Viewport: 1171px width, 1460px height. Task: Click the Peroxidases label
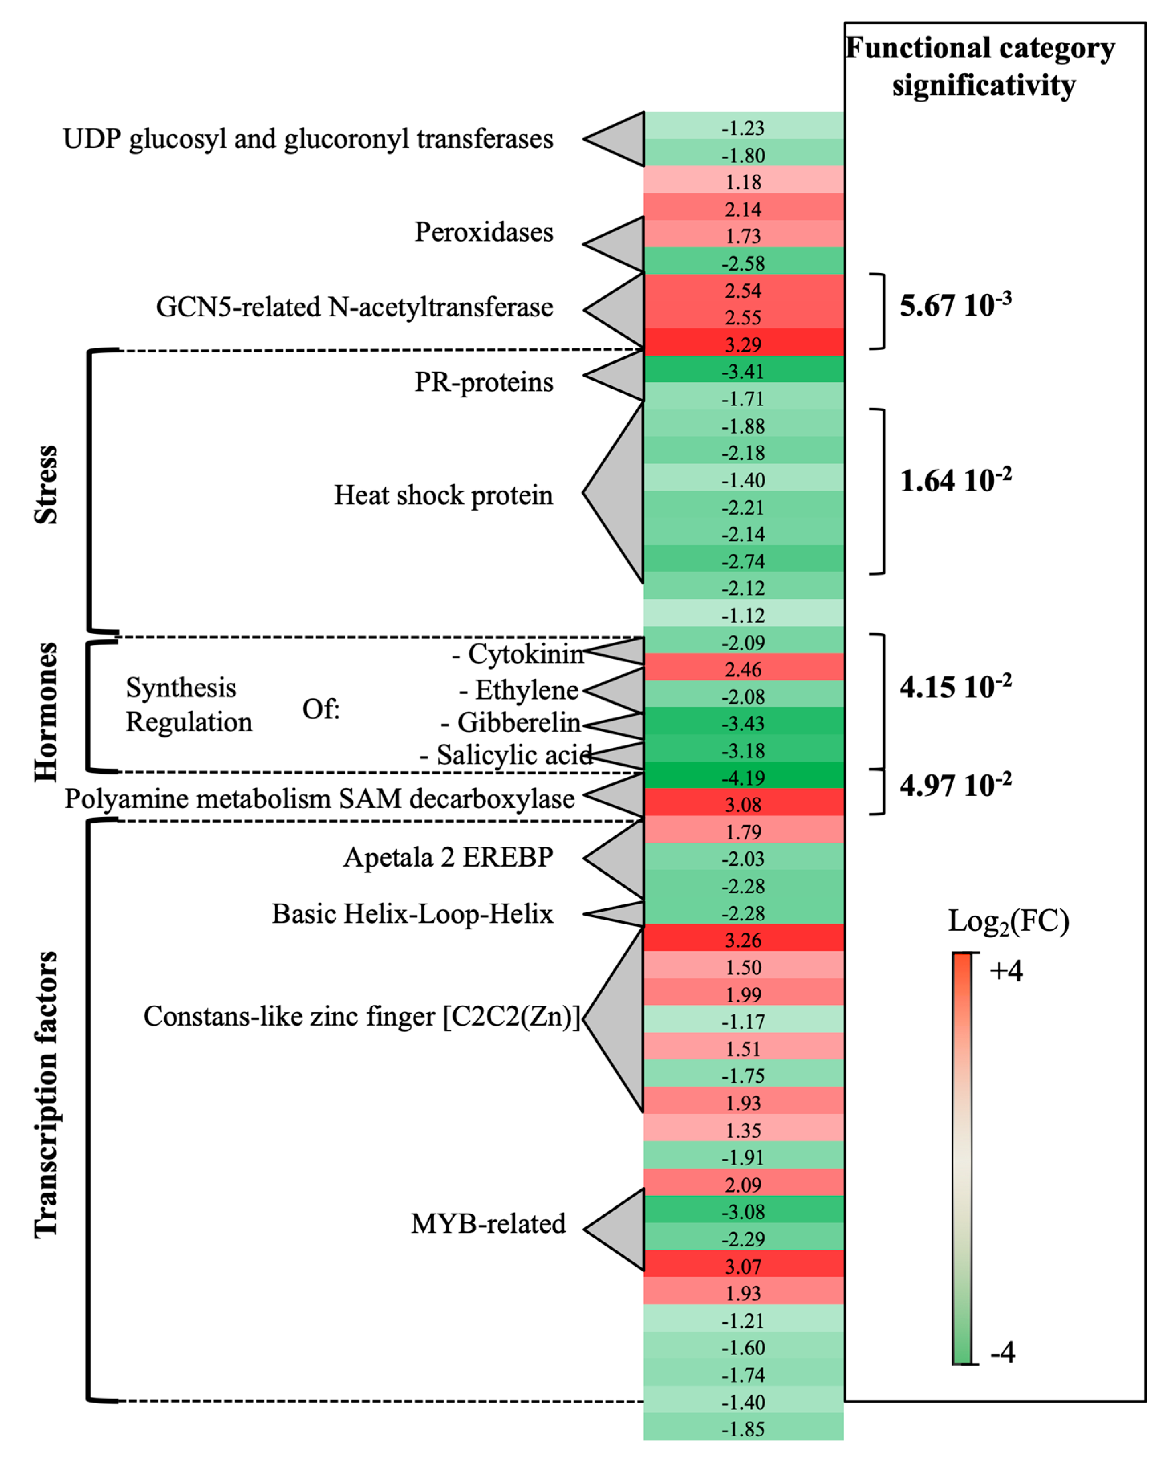483,232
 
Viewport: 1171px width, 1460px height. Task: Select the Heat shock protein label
443,495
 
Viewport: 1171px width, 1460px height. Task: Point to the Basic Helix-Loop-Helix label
412,914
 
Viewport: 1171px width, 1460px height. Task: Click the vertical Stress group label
46,485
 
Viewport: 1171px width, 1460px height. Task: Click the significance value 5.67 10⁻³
955,305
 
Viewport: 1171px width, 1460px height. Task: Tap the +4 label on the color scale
1006,971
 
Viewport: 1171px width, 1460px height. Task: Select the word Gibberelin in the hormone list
518,723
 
